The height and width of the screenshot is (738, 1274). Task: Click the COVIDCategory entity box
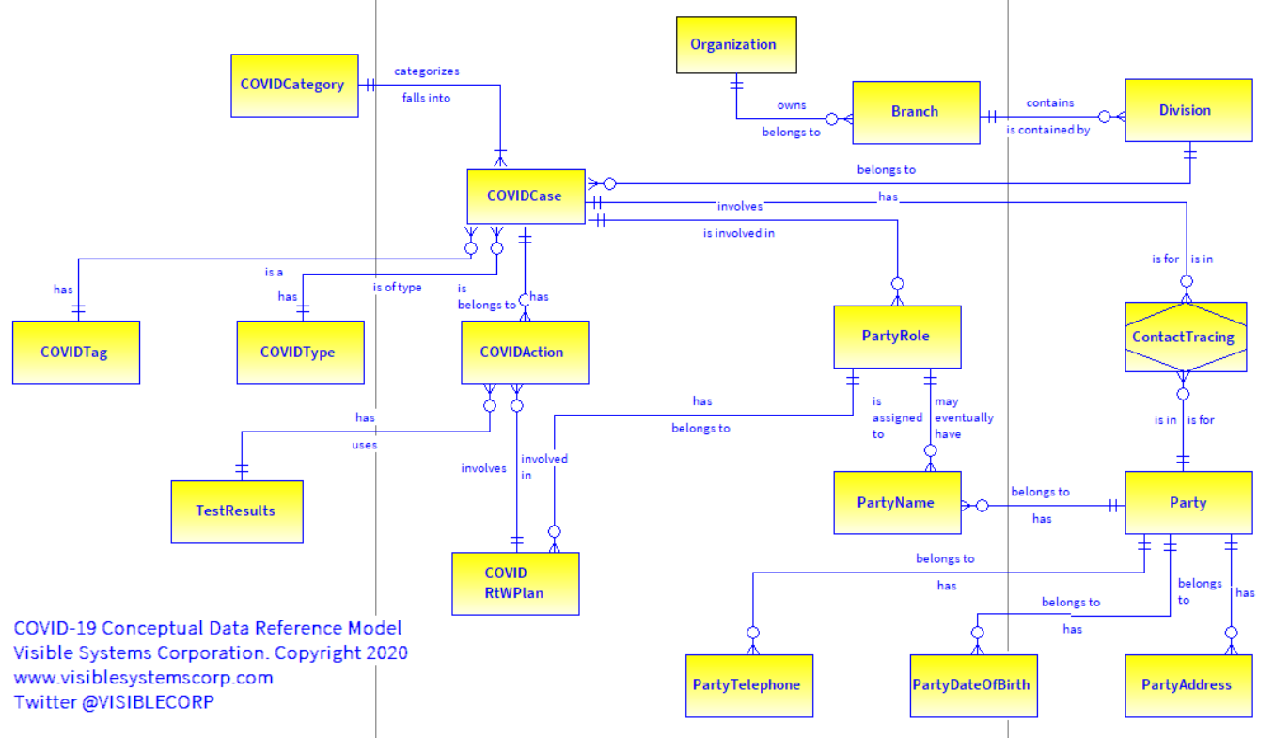click(x=294, y=86)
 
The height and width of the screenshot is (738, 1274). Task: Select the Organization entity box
click(x=736, y=44)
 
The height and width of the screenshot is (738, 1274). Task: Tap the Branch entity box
click(x=916, y=112)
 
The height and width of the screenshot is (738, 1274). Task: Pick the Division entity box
click(x=1188, y=110)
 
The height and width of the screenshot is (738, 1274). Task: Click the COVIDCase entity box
click(x=526, y=196)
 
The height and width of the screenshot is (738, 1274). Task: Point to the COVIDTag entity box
click(x=75, y=353)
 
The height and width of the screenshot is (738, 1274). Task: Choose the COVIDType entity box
click(x=300, y=353)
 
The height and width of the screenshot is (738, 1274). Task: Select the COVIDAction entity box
click(x=525, y=353)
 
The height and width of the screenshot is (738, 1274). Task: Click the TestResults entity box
click(x=237, y=511)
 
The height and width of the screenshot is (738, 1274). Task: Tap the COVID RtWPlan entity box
click(x=515, y=583)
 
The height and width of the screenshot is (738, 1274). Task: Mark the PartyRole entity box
click(x=897, y=337)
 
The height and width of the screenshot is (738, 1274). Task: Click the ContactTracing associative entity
click(x=1185, y=337)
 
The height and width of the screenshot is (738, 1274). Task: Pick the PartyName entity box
click(x=897, y=503)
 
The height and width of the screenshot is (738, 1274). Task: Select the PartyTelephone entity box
click(x=748, y=685)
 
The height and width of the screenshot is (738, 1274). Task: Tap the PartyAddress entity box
click(x=1188, y=685)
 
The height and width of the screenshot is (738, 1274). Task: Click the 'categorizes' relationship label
click(x=426, y=71)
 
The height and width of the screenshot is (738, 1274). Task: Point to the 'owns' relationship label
click(x=791, y=105)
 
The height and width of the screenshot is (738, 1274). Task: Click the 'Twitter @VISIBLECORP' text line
click(x=114, y=701)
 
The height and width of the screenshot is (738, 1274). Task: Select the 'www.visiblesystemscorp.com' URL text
click(x=143, y=677)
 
